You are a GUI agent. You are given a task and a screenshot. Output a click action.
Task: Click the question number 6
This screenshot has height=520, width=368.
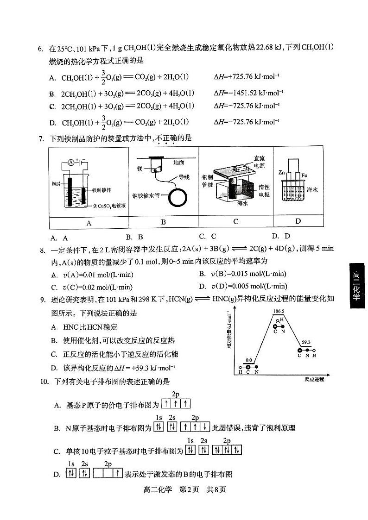pyautogui.click(x=40, y=48)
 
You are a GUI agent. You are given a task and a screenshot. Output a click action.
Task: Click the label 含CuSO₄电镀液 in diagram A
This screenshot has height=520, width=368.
pyautogui.click(x=109, y=205)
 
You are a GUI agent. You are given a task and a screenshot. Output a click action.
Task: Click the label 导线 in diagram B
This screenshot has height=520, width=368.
pyautogui.click(x=184, y=177)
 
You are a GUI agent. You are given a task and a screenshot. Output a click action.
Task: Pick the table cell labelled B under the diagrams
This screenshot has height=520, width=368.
pyautogui.click(x=164, y=222)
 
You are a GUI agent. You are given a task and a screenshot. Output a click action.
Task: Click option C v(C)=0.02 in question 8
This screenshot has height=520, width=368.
pyautogui.click(x=92, y=287)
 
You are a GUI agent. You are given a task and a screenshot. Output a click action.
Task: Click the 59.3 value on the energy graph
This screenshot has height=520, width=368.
pyautogui.click(x=306, y=343)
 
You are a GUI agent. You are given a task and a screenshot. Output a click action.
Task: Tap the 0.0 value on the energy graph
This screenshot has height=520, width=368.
pyautogui.click(x=249, y=360)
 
